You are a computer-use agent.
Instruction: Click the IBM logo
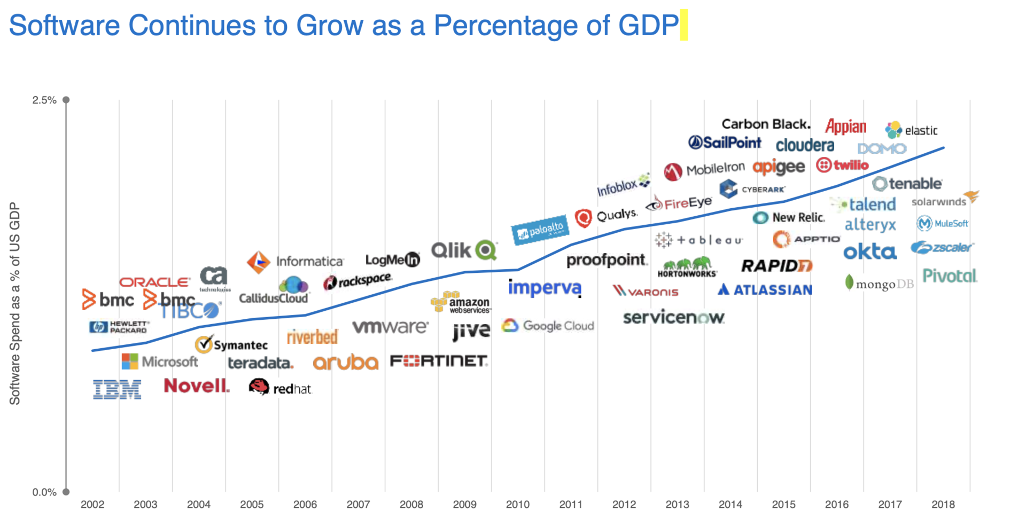[x=117, y=389]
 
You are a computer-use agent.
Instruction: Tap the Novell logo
[x=196, y=386]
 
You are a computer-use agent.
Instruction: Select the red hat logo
[x=280, y=388]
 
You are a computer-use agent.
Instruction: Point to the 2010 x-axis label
[x=517, y=505]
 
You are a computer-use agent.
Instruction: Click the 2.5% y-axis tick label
[x=44, y=100]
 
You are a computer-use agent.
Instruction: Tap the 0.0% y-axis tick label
[x=44, y=492]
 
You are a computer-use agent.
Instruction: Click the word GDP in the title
[x=648, y=25]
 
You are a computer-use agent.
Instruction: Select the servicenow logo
[x=673, y=318]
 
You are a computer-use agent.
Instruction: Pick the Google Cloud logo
[x=548, y=326]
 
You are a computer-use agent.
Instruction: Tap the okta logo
[x=869, y=251]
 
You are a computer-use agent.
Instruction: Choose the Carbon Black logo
[x=765, y=124]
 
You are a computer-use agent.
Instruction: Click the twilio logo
[x=842, y=166]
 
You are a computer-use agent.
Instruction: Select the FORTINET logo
[x=439, y=361]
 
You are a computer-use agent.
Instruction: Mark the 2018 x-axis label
[x=943, y=505]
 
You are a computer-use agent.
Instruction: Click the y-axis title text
[x=15, y=303]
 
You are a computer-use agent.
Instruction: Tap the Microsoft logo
[x=160, y=362]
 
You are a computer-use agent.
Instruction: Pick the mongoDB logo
[x=879, y=284]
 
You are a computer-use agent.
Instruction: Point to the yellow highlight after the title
[x=683, y=26]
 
